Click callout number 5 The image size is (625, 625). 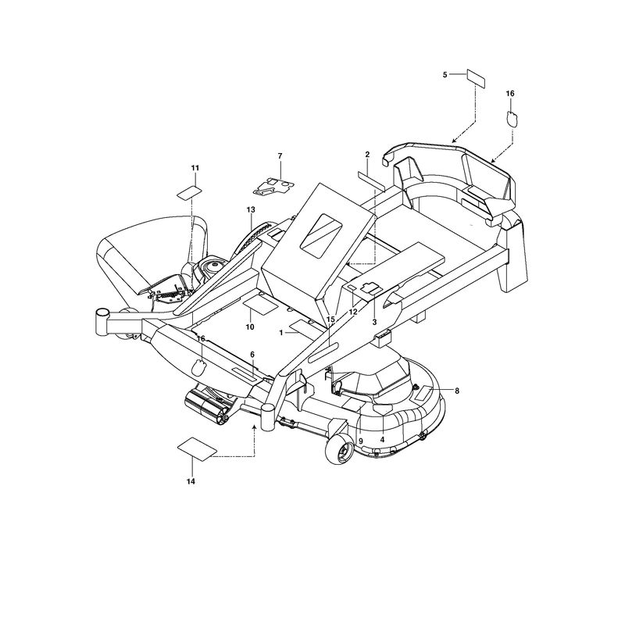[x=445, y=74]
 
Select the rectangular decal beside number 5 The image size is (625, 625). [x=476, y=79]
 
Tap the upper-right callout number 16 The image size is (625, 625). [x=510, y=94]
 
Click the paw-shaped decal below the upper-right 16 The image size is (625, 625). [x=512, y=119]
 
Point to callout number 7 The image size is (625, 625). [x=280, y=155]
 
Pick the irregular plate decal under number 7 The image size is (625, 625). [x=274, y=186]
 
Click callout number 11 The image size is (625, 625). [x=195, y=168]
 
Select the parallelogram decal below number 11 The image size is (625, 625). [x=189, y=192]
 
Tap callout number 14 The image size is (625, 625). [x=191, y=481]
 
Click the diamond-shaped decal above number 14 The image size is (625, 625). [x=197, y=449]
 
